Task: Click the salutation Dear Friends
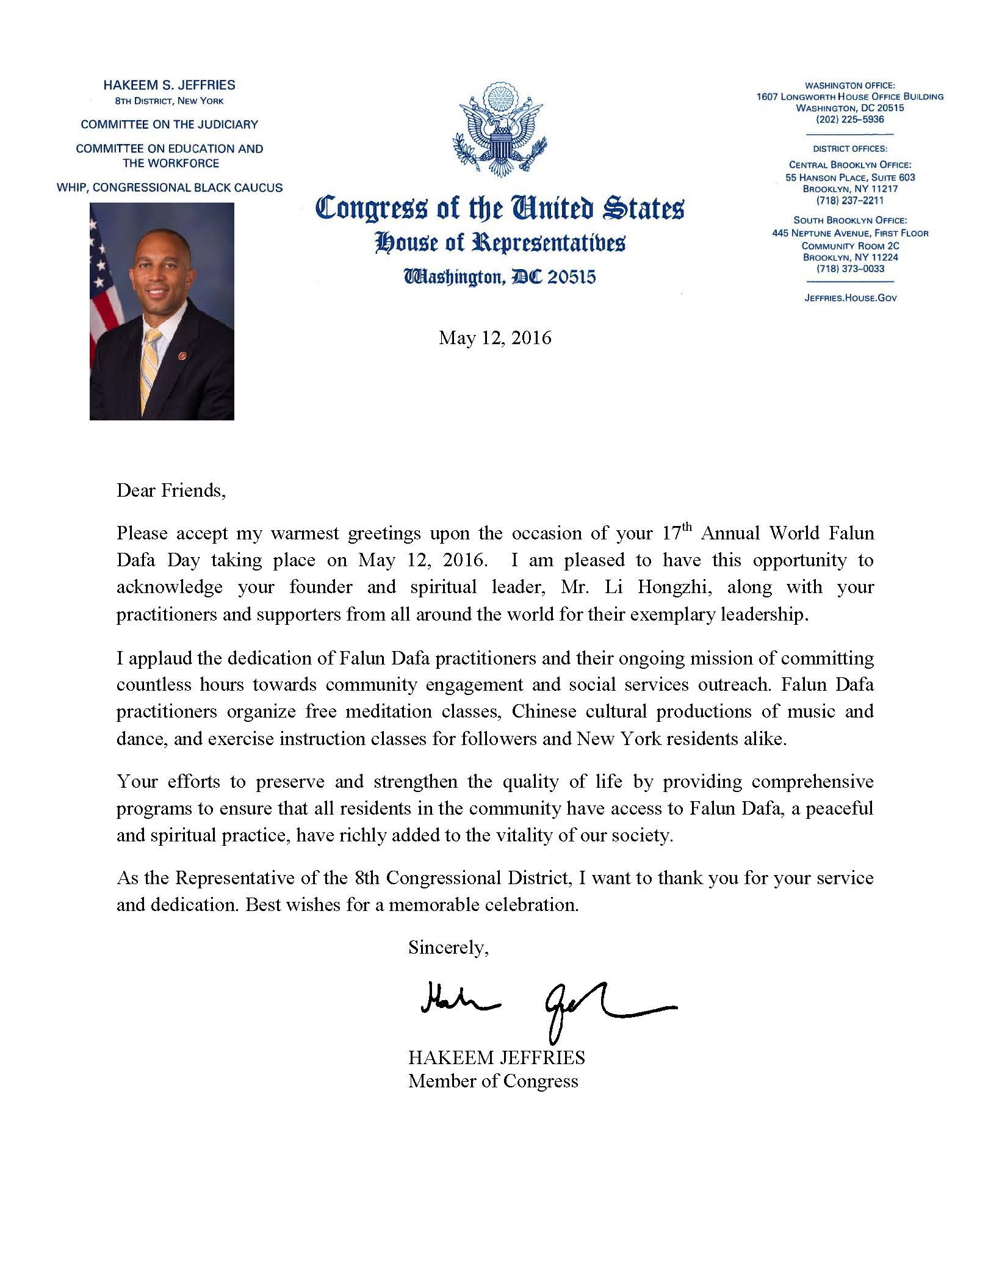tap(171, 490)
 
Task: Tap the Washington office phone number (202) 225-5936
tap(849, 120)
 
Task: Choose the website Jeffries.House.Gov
tap(849, 298)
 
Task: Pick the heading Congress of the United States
tap(499, 207)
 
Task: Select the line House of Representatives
tap(499, 243)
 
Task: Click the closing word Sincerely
tap(448, 947)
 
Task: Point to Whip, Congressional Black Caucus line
tap(170, 187)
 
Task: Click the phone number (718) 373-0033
tap(850, 268)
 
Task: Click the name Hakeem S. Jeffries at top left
tap(170, 85)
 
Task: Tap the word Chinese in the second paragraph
tap(544, 711)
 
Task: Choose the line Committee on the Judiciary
tap(170, 124)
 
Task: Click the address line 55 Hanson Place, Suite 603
tap(850, 177)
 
